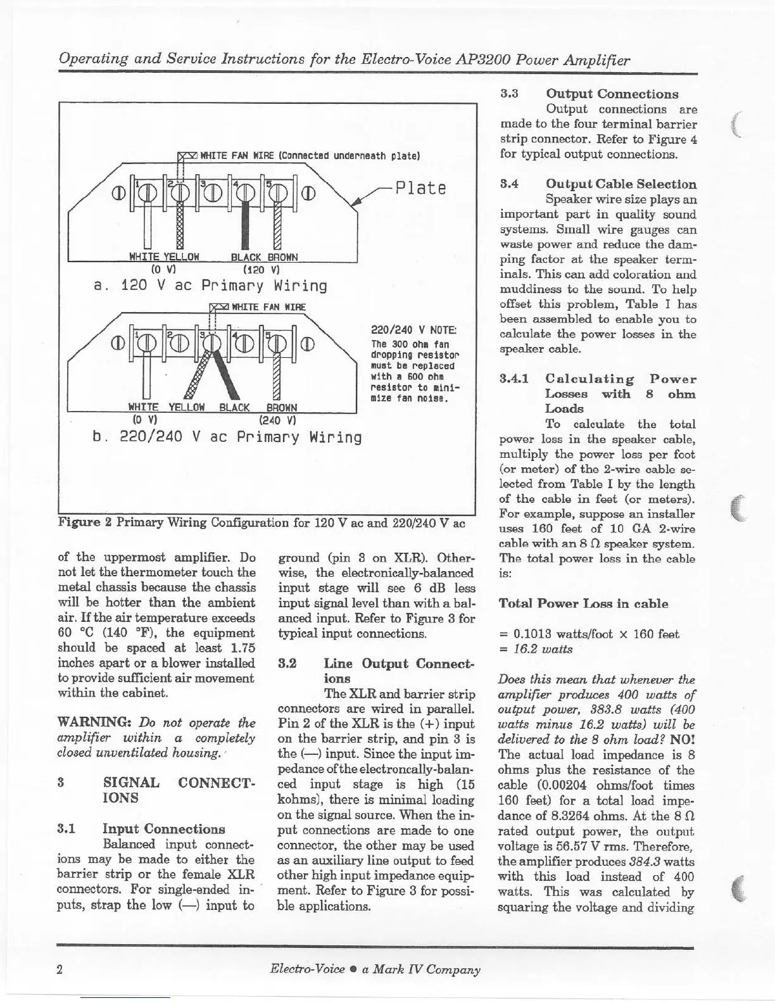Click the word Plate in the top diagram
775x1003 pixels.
(420, 188)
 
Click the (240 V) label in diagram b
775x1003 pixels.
(274, 419)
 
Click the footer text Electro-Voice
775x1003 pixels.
(307, 969)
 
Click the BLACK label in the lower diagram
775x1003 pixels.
(234, 408)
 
